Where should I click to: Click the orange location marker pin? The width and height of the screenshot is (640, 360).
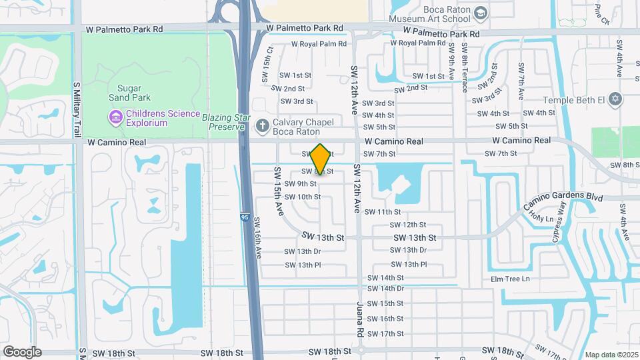pos(321,159)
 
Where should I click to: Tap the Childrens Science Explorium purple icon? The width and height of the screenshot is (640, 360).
pos(116,118)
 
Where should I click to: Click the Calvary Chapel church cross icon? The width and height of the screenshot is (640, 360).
pos(263,125)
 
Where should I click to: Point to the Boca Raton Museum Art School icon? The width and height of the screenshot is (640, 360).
pos(481,14)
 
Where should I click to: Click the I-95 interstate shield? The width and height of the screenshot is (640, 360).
pos(245,217)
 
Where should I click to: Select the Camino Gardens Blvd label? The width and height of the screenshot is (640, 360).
pos(563,198)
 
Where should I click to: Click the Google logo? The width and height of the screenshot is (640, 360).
pos(22,352)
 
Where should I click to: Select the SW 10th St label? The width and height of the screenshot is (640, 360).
pos(303,197)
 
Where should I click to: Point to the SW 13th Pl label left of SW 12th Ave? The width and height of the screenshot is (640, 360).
pos(303,265)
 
